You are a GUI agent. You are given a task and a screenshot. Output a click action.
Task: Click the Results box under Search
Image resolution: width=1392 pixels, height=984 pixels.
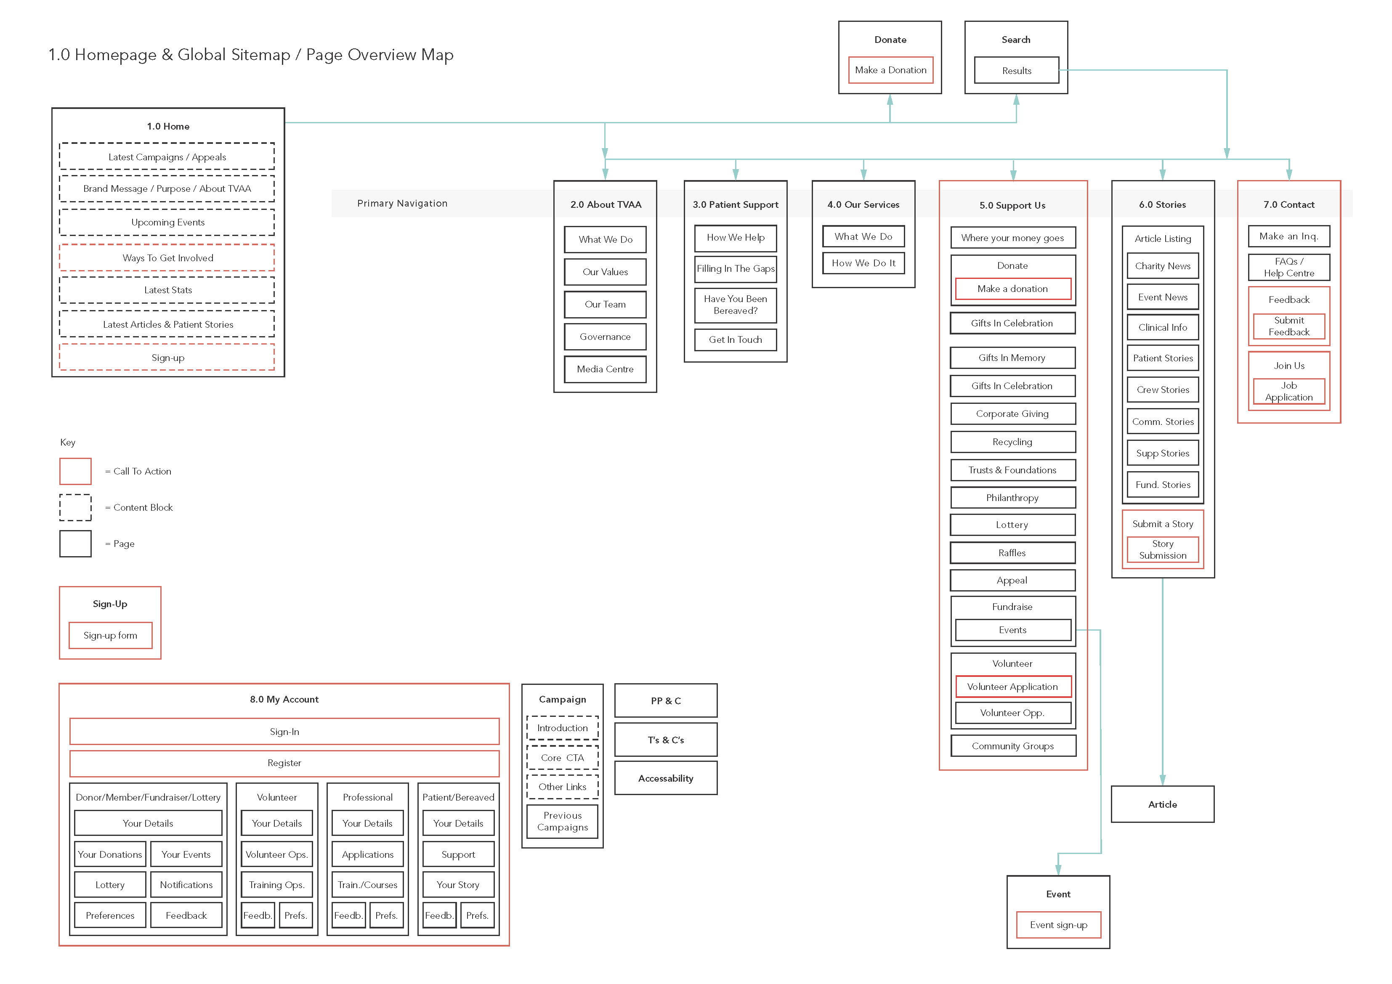click(1016, 70)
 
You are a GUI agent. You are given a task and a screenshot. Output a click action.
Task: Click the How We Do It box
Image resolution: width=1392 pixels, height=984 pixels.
click(863, 263)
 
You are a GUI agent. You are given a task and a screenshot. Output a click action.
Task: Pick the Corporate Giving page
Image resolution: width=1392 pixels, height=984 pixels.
click(1012, 414)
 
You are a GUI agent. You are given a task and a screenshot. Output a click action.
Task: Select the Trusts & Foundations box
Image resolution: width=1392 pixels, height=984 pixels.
click(1012, 470)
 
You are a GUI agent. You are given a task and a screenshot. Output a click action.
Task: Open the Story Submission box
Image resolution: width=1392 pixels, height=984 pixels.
click(1163, 550)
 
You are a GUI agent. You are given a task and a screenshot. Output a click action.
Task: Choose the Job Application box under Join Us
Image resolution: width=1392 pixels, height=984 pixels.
click(1289, 392)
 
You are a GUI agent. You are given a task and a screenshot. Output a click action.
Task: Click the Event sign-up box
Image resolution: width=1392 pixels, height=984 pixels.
click(1059, 925)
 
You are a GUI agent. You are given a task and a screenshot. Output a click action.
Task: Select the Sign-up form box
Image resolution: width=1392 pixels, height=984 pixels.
click(110, 635)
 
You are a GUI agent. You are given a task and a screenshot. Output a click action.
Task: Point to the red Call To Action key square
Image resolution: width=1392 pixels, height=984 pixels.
click(75, 471)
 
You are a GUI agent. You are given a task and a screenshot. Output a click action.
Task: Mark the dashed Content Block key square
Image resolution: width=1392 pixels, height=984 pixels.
click(75, 507)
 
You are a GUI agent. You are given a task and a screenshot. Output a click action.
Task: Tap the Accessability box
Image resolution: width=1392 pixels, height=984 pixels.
click(666, 778)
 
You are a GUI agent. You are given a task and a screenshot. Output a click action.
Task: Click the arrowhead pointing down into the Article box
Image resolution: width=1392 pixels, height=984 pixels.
click(1162, 780)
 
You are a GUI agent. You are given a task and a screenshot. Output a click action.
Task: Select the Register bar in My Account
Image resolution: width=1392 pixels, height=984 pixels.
click(284, 763)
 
